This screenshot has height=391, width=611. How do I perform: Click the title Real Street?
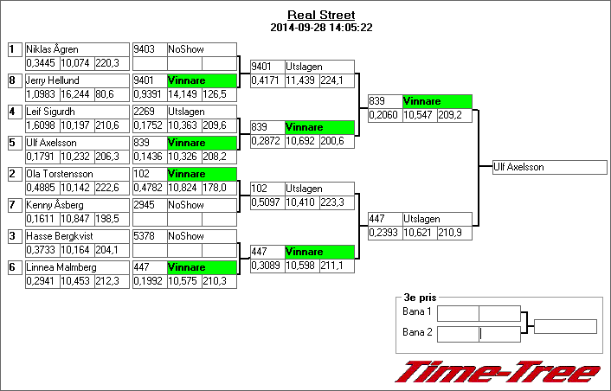pos(320,15)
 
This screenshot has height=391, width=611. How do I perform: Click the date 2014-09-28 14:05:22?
pos(320,27)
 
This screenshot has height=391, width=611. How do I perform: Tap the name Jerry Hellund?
pos(53,80)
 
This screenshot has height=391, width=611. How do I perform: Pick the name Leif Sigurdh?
pos(50,112)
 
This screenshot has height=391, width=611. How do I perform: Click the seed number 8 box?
pos(13,80)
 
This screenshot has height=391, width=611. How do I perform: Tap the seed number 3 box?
pos(13,236)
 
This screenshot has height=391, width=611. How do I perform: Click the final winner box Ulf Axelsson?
pos(543,167)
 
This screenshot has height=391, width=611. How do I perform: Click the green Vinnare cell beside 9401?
pos(201,80)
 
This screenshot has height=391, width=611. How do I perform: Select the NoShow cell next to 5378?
pos(201,236)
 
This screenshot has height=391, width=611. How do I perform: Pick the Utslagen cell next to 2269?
pos(201,112)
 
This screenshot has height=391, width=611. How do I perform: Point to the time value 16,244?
pos(75,93)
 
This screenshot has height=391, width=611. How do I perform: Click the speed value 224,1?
pos(337,80)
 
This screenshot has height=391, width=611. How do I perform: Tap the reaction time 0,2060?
pos(384,114)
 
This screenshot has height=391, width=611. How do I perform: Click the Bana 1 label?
pos(417,311)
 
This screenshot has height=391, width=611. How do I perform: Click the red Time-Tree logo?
pos(498,372)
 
